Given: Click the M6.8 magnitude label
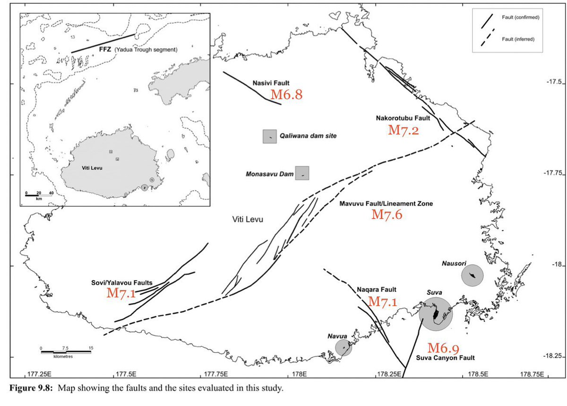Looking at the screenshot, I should point(286,95).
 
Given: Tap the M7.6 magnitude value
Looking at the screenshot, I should point(387,215).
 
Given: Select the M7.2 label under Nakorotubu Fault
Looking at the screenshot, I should point(403,130).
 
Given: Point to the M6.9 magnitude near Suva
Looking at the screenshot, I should point(443,348).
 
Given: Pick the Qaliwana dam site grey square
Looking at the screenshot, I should point(270,136).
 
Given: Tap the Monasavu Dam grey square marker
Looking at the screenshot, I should point(302,173).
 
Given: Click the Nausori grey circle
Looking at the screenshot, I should point(472,275).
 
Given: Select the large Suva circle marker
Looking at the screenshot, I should point(436,314).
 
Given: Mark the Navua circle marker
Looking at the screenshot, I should point(344,348).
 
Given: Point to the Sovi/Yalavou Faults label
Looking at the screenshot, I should point(121,283).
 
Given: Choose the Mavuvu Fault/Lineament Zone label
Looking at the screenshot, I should point(387,204).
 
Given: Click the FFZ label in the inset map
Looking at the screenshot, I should point(105,49).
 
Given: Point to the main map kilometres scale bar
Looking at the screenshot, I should point(66,352).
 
